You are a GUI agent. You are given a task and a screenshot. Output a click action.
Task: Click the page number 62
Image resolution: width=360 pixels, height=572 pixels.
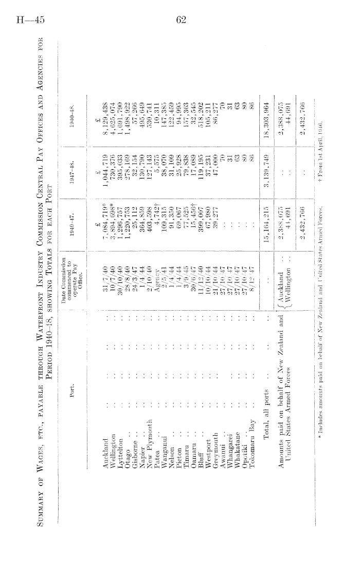(x=181, y=20)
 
